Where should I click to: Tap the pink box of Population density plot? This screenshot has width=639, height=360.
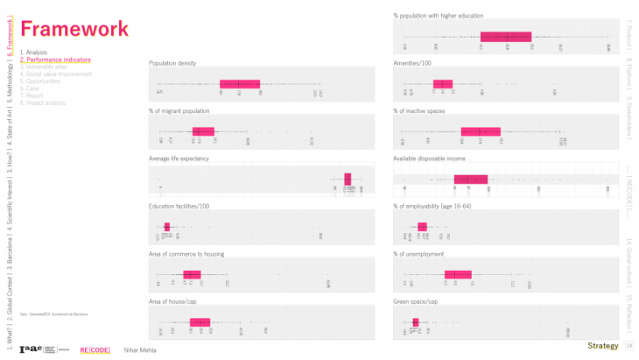pos(240,84)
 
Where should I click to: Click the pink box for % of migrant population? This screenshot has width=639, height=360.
pos(202,131)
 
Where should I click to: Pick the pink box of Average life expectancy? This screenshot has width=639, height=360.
pos(348,179)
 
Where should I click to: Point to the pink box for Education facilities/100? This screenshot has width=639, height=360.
pos(166,227)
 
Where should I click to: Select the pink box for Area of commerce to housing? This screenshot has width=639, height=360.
pos(192,274)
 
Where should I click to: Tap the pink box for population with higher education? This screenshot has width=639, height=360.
pos(506,37)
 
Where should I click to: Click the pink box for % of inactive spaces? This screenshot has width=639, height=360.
pos(481,131)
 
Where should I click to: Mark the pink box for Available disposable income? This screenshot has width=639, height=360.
pos(471,179)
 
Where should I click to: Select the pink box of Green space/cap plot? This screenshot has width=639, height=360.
pos(416,321)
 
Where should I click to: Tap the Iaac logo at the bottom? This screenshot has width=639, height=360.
pos(31,349)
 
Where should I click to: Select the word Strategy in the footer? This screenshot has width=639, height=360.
pos(602,346)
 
